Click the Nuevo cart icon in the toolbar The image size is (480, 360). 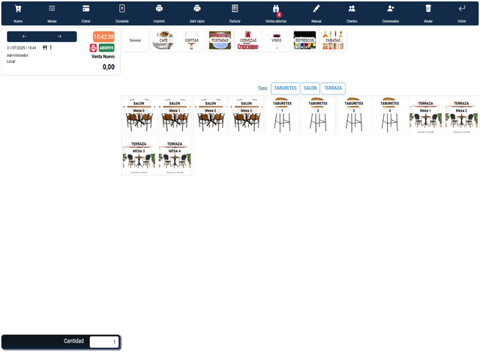[18, 9]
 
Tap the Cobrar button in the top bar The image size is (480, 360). [86, 9]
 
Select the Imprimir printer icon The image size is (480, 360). [159, 9]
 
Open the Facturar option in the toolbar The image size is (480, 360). [235, 9]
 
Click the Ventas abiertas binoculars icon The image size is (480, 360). [275, 9]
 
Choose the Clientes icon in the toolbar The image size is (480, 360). [352, 9]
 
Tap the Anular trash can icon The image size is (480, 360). [428, 9]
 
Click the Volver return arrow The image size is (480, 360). [462, 9]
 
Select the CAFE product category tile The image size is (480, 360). [163, 40]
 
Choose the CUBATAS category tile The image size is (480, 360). [334, 40]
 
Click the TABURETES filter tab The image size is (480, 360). [285, 88]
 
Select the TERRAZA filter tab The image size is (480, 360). [333, 88]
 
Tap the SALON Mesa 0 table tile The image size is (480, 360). [139, 115]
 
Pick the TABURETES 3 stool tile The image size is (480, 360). [353, 115]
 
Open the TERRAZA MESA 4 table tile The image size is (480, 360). [175, 156]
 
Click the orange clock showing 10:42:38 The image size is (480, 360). [103, 37]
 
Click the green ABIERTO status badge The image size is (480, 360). [106, 47]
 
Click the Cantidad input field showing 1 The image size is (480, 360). [103, 342]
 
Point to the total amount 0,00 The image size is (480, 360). [109, 67]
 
